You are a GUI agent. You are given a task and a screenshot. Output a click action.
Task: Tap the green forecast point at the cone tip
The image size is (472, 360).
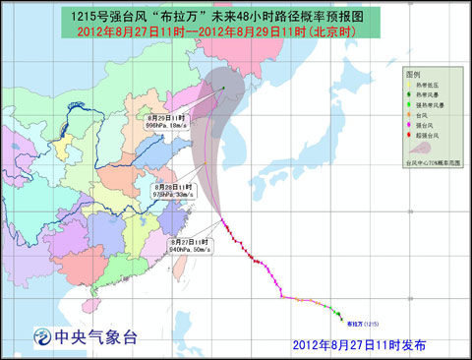[x=222, y=90]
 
